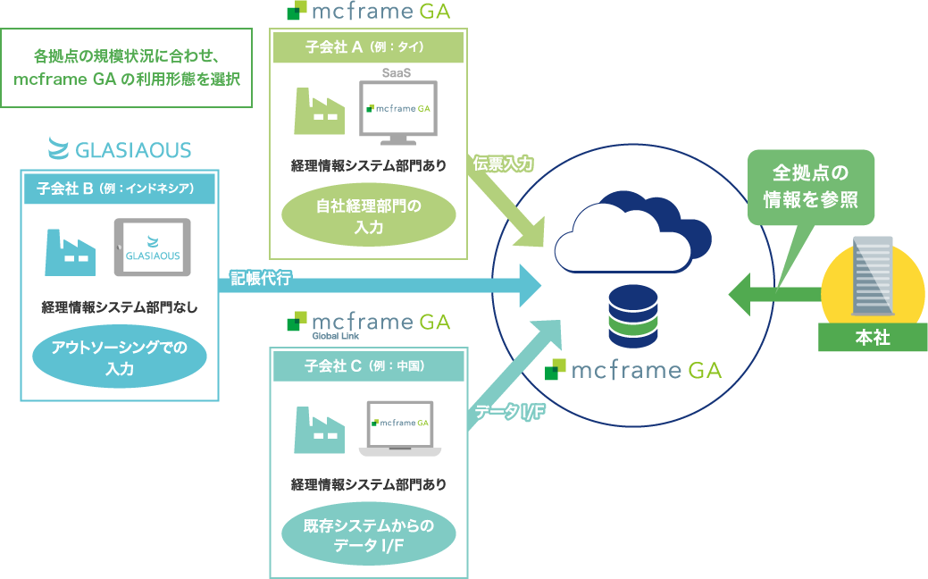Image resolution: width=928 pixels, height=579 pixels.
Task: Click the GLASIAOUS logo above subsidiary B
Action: (x=120, y=148)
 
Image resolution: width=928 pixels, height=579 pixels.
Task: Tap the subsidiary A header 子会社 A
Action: (x=368, y=48)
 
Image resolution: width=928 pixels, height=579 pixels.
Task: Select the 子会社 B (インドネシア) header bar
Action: (x=120, y=189)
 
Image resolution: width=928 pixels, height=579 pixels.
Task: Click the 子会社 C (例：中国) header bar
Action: (x=367, y=365)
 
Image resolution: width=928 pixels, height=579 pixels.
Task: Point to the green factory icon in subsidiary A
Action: (x=319, y=112)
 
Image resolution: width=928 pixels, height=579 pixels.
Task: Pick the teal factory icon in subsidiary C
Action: (x=319, y=428)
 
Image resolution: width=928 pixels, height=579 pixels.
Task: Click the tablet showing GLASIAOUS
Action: (x=153, y=248)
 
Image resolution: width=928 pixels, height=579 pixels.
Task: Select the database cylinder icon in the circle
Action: (x=632, y=317)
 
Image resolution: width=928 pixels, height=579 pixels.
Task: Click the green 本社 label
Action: (x=872, y=337)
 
